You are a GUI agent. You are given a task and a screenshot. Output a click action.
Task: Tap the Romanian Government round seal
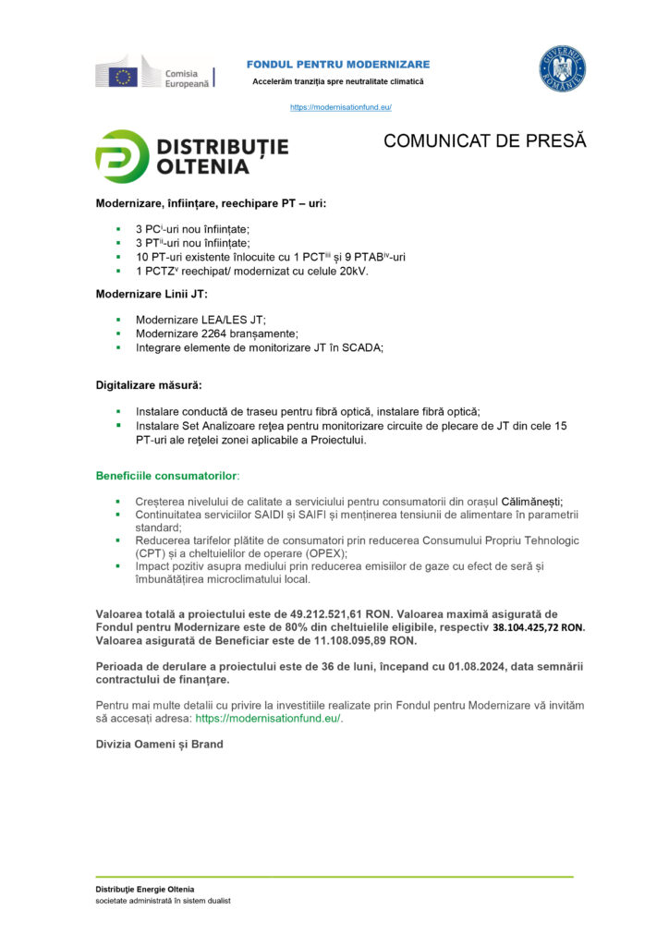tap(563, 70)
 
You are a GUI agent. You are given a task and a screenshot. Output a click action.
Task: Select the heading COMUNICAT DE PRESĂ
tap(485, 141)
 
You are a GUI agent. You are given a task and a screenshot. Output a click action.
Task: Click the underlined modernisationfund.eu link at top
tap(341, 107)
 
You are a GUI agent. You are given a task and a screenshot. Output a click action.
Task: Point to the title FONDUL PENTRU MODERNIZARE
tap(337, 64)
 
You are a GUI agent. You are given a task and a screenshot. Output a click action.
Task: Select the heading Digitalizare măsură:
tap(149, 384)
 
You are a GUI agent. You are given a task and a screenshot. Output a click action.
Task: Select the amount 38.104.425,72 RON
tap(538, 627)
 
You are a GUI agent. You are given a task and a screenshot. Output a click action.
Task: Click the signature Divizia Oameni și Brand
tap(159, 744)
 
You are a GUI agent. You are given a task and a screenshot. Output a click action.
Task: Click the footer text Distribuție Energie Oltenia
tap(145, 889)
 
